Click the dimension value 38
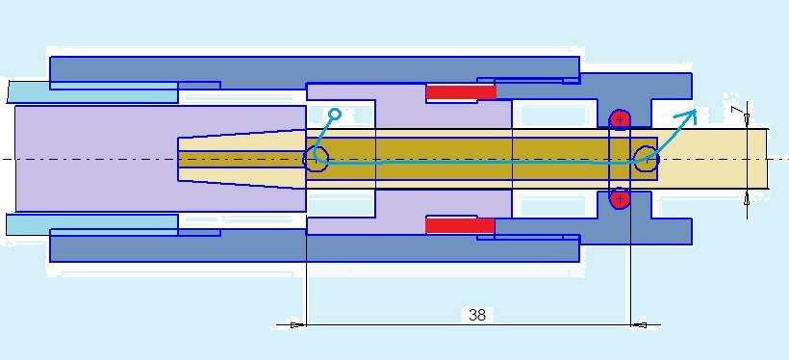tap(477, 315)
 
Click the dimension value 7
tap(737, 110)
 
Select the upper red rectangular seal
tap(461, 92)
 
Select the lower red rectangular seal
tap(460, 225)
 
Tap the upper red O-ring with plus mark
tap(620, 119)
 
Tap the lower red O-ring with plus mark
tap(620, 199)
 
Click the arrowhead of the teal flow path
tap(689, 116)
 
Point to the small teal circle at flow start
tap(335, 115)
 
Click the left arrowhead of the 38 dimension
tap(298, 324)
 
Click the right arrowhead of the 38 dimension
tap(639, 325)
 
